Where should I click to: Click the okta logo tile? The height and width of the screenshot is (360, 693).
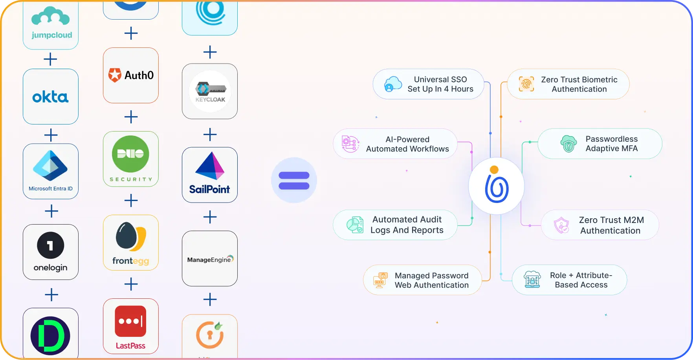point(51,97)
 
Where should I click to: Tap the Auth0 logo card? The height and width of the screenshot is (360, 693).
point(131,75)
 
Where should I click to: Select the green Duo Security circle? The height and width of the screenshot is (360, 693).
point(130,154)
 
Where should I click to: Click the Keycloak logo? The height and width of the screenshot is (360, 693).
point(210,91)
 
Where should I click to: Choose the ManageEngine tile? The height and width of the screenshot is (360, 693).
point(210,259)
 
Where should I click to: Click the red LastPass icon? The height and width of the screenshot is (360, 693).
point(130,321)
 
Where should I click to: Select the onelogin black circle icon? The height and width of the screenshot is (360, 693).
point(51,245)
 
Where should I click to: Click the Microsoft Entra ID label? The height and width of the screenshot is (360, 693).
point(51,189)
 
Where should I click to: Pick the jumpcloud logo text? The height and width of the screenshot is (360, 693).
point(52,35)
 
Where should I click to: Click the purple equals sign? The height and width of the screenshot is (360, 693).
point(294,181)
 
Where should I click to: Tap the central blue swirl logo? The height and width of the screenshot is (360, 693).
point(497,186)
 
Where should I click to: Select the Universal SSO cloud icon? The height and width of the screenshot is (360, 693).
point(393,84)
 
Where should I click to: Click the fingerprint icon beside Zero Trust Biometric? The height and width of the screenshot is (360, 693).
point(526,84)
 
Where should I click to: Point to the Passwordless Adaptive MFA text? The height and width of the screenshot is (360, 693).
point(612,144)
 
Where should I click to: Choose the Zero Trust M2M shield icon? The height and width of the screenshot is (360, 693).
point(561,225)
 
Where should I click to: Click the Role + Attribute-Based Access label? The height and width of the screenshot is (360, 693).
point(581,280)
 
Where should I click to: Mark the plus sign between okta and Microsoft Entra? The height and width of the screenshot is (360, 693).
point(51,135)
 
